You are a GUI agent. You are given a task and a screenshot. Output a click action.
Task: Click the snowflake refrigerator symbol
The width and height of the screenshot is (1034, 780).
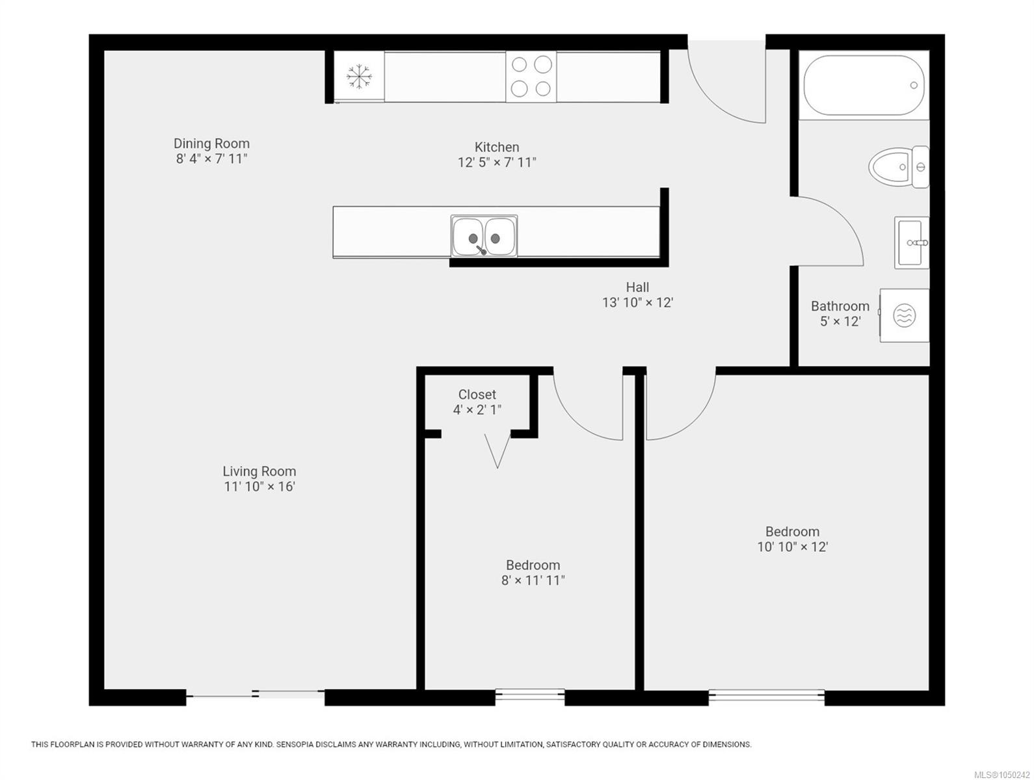358,76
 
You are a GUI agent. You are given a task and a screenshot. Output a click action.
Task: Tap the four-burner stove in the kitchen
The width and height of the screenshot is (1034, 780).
531,76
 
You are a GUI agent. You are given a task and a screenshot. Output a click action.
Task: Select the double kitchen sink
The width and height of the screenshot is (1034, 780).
484,237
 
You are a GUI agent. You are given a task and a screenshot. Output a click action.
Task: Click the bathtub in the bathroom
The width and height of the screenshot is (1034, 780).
864,85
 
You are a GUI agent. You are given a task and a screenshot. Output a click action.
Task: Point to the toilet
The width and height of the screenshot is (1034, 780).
898,166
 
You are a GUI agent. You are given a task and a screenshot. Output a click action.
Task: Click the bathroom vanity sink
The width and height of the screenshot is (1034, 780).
912,242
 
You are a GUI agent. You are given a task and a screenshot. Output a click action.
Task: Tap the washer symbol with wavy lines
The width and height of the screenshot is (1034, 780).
904,315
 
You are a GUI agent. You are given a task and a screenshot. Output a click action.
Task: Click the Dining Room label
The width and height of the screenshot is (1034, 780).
211,143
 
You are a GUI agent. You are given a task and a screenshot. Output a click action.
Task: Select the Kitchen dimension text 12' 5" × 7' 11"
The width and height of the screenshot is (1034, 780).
497,162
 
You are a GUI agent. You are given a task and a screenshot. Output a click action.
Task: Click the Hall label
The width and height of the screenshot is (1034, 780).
637,287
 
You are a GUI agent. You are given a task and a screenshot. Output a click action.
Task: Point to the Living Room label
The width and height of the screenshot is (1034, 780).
259,471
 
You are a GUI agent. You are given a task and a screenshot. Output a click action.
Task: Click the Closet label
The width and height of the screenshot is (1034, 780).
477,395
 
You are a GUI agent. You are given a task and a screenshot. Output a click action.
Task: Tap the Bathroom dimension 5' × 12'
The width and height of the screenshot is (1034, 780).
840,322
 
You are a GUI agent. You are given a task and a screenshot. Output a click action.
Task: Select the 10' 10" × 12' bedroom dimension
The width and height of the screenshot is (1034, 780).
792,547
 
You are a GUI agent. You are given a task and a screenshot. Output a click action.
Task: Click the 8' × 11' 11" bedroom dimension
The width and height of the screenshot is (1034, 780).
533,580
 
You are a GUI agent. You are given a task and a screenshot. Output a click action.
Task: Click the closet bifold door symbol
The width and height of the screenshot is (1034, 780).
497,450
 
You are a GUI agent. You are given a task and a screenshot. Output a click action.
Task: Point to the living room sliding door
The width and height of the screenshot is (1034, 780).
256,694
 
